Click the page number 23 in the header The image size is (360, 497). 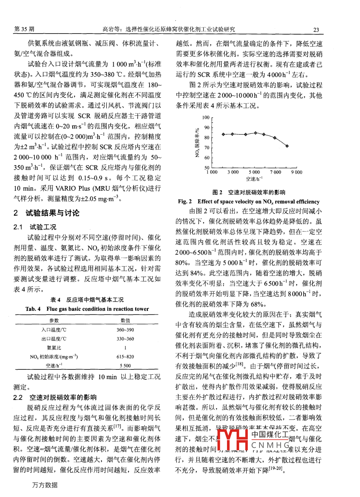[x=316, y=30]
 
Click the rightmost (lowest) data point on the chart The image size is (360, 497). [x=287, y=146]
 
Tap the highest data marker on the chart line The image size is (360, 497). [x=255, y=133]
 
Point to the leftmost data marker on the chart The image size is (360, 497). [x=223, y=134]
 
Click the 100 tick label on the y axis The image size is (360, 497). [x=206, y=117]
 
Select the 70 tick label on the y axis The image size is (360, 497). [x=207, y=148]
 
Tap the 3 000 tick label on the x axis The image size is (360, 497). [x=233, y=172]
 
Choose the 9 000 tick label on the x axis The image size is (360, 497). [x=297, y=172]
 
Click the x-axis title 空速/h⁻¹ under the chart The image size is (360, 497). [x=254, y=179]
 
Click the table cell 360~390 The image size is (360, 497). [x=125, y=330]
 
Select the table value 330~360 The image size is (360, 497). [x=125, y=339]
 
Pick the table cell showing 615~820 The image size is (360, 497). [x=125, y=357]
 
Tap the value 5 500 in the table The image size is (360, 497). [x=125, y=365]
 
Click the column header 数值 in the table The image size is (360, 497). [x=125, y=321]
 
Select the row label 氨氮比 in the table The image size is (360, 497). [x=54, y=348]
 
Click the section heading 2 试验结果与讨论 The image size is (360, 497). [x=46, y=213]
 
